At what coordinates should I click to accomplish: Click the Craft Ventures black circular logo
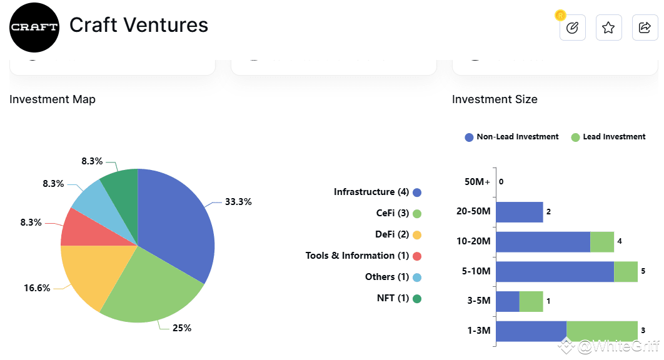[34, 27]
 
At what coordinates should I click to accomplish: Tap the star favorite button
[608, 27]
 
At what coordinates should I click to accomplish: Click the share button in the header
[645, 27]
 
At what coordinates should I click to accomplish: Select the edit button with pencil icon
[572, 27]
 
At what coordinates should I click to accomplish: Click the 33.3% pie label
[238, 202]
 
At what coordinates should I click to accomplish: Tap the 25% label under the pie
[182, 328]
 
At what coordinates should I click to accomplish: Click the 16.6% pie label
[37, 288]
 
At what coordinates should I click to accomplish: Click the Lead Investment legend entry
[608, 137]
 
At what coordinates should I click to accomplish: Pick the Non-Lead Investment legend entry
[511, 137]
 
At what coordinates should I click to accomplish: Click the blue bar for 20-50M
[519, 212]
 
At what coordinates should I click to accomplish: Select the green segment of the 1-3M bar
[601, 331]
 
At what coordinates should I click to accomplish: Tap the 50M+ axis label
[478, 182]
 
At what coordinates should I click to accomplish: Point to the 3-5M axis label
[478, 301]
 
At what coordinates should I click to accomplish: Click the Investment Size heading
[495, 99]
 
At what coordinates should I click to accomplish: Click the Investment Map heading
[53, 99]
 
